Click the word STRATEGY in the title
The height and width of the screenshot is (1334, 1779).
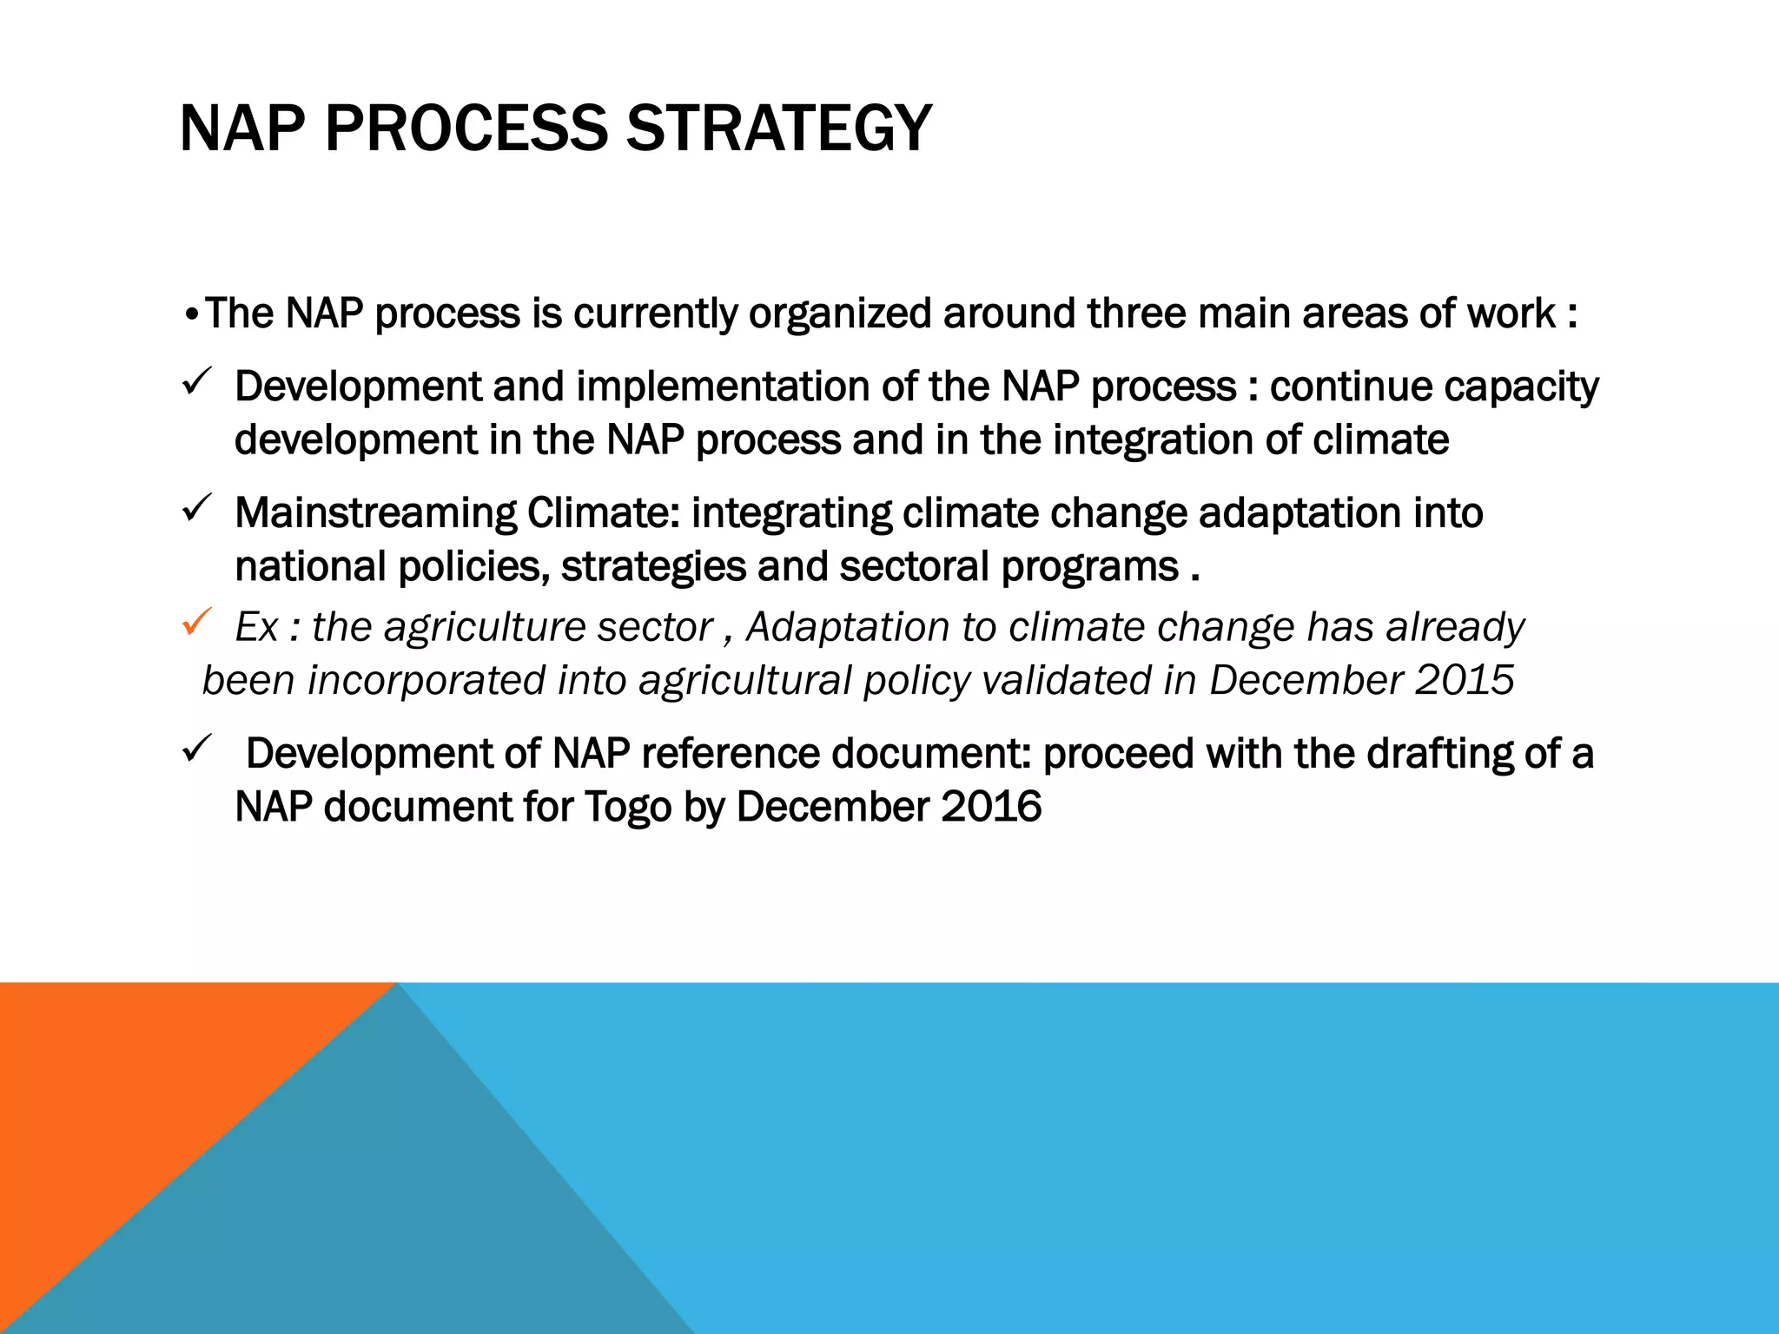pyautogui.click(x=778, y=129)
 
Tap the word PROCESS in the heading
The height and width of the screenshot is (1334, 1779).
pyautogui.click(x=466, y=129)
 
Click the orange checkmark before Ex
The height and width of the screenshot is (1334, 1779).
pyautogui.click(x=197, y=622)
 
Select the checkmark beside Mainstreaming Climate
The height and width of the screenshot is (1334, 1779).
pyautogui.click(x=197, y=508)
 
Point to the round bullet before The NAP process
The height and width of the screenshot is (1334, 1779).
pyautogui.click(x=192, y=314)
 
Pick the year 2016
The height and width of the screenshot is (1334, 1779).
pyautogui.click(x=991, y=807)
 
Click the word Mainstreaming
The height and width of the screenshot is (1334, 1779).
pyautogui.click(x=375, y=513)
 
